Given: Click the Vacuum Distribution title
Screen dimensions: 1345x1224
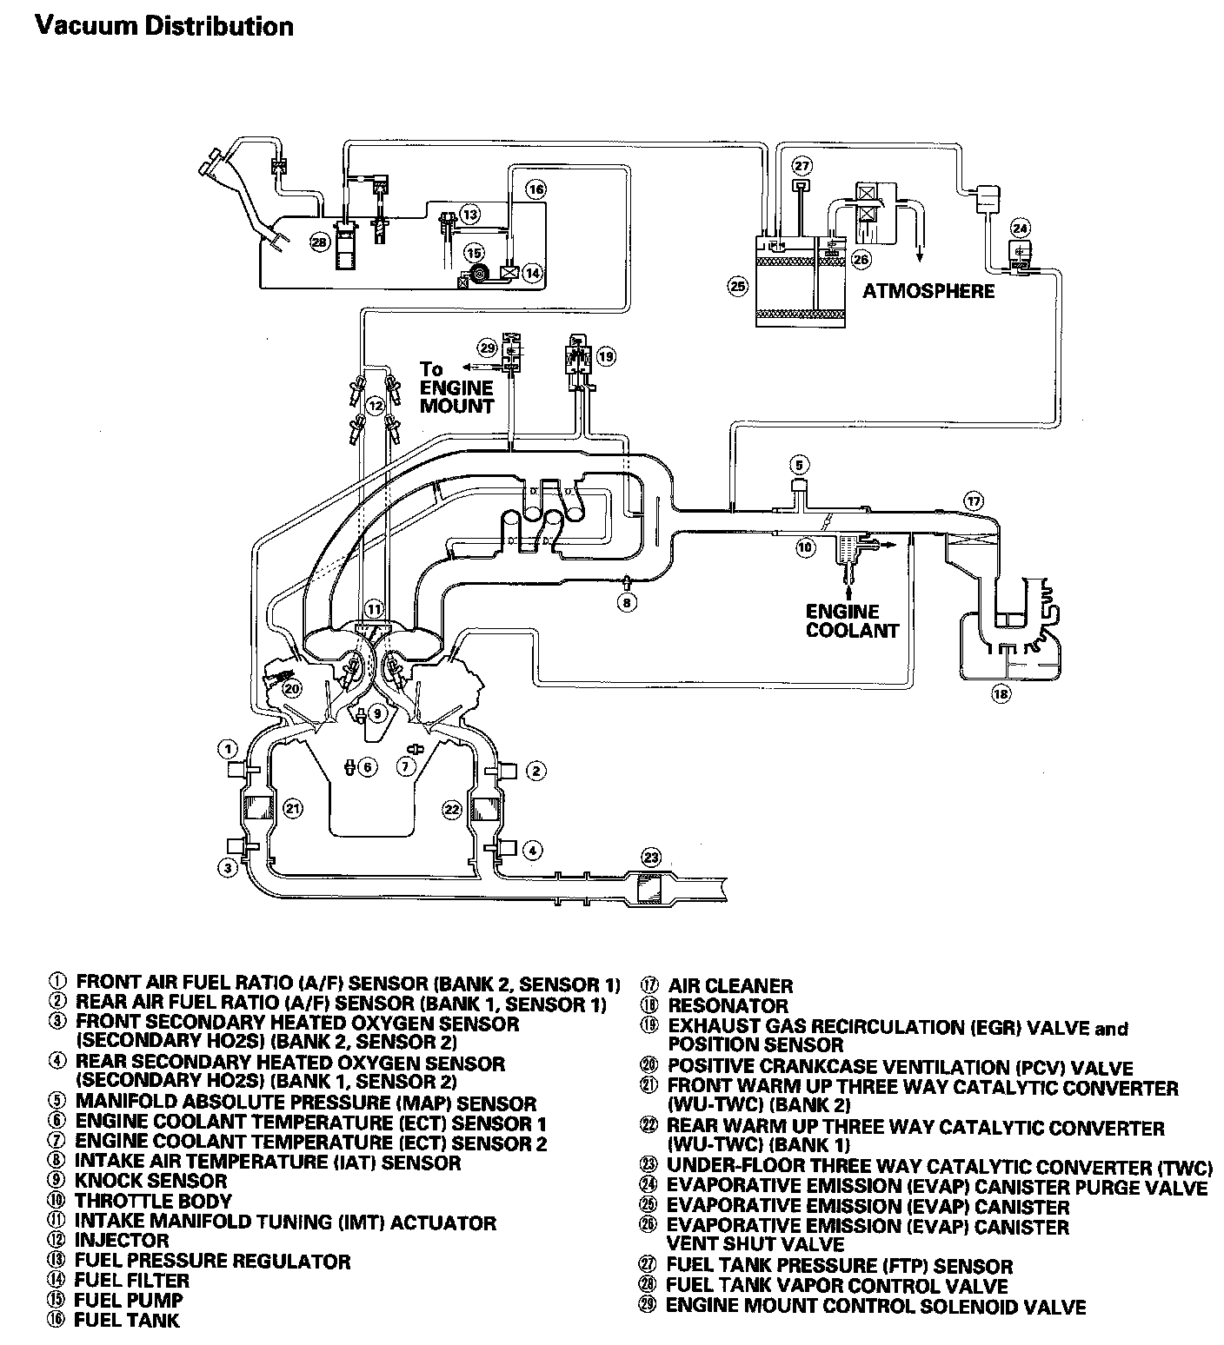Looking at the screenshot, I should click(163, 26).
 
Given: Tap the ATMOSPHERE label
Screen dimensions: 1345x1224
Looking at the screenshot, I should click(928, 291).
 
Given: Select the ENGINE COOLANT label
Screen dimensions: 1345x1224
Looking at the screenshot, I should click(851, 620).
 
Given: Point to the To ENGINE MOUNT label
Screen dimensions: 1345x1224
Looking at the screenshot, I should click(456, 388).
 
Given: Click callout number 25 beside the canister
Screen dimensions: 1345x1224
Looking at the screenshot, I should click(737, 286).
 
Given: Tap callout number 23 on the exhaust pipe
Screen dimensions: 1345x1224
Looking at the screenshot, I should click(651, 858).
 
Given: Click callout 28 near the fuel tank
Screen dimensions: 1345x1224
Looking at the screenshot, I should click(320, 242).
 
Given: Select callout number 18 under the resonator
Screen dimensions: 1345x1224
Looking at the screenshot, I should click(1002, 694).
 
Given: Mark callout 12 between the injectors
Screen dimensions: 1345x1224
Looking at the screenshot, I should click(375, 405).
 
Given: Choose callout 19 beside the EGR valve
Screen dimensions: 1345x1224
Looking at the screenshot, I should click(605, 355).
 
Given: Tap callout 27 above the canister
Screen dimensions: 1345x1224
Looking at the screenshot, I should click(802, 166).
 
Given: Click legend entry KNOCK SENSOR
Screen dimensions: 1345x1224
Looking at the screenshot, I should click(150, 1181).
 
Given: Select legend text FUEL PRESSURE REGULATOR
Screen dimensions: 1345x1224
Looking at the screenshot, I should click(212, 1261).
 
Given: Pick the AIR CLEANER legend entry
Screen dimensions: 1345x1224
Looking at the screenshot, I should click(729, 986).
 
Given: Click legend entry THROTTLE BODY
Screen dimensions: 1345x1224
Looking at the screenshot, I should click(153, 1201).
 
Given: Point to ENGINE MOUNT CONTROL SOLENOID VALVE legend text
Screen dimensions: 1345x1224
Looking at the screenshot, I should click(875, 1306).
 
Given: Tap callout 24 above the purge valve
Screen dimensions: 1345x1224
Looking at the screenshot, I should click(1020, 229).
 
